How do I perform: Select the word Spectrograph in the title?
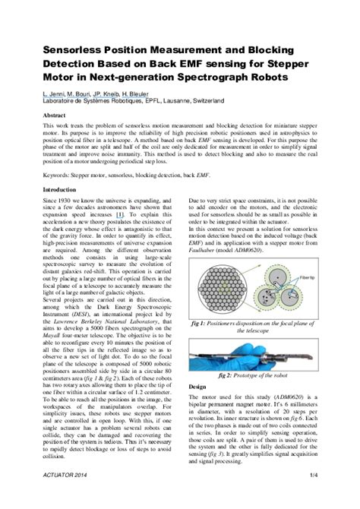pyautogui.click(x=227, y=77)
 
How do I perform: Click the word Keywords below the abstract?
pyautogui.click(x=57, y=174)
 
